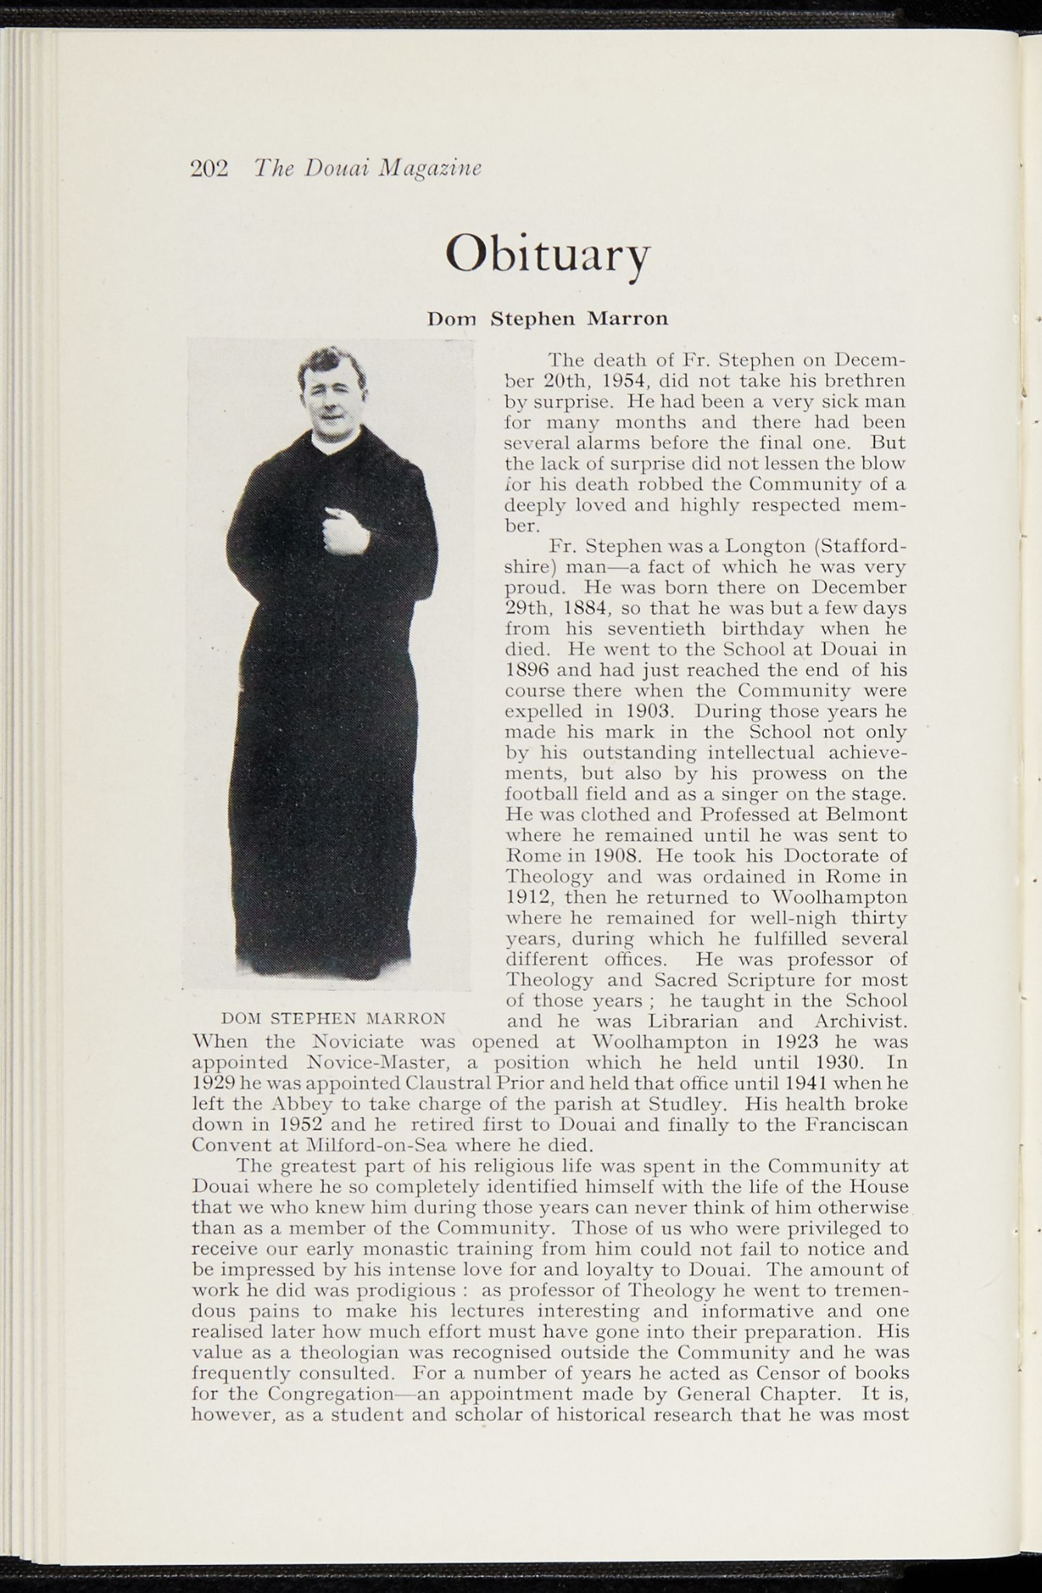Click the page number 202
click(x=209, y=169)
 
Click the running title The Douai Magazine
click(x=368, y=168)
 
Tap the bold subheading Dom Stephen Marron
click(x=547, y=319)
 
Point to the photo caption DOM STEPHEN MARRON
click(x=334, y=1018)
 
